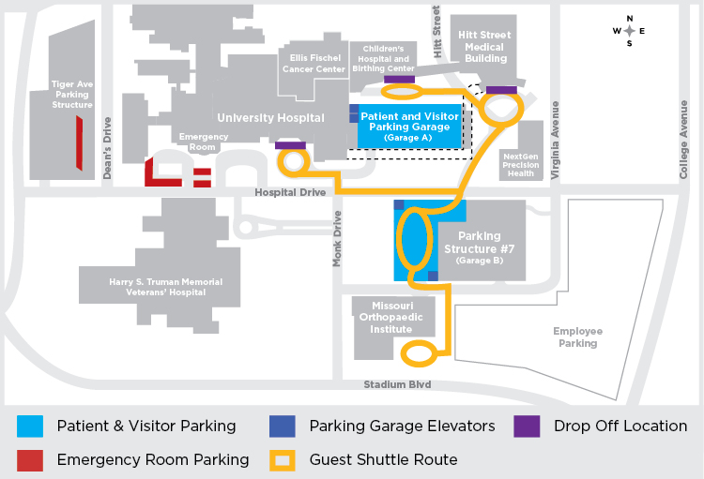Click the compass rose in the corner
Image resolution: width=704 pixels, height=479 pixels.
point(629,31)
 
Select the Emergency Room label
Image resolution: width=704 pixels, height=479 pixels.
point(203,142)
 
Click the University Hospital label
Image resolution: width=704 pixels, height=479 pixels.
point(270,118)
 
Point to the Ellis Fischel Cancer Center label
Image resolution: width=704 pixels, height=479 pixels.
point(317,63)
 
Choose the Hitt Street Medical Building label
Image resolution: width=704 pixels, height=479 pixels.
point(485,46)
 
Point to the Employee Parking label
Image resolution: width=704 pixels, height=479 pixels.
point(577,337)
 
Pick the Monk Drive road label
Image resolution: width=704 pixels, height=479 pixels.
point(337,238)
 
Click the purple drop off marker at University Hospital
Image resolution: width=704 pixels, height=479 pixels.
point(290,145)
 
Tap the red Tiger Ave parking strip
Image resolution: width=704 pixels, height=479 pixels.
point(80,143)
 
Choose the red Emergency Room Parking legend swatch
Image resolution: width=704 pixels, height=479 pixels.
point(30,460)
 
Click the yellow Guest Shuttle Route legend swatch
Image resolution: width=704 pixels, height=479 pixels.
point(283,460)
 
